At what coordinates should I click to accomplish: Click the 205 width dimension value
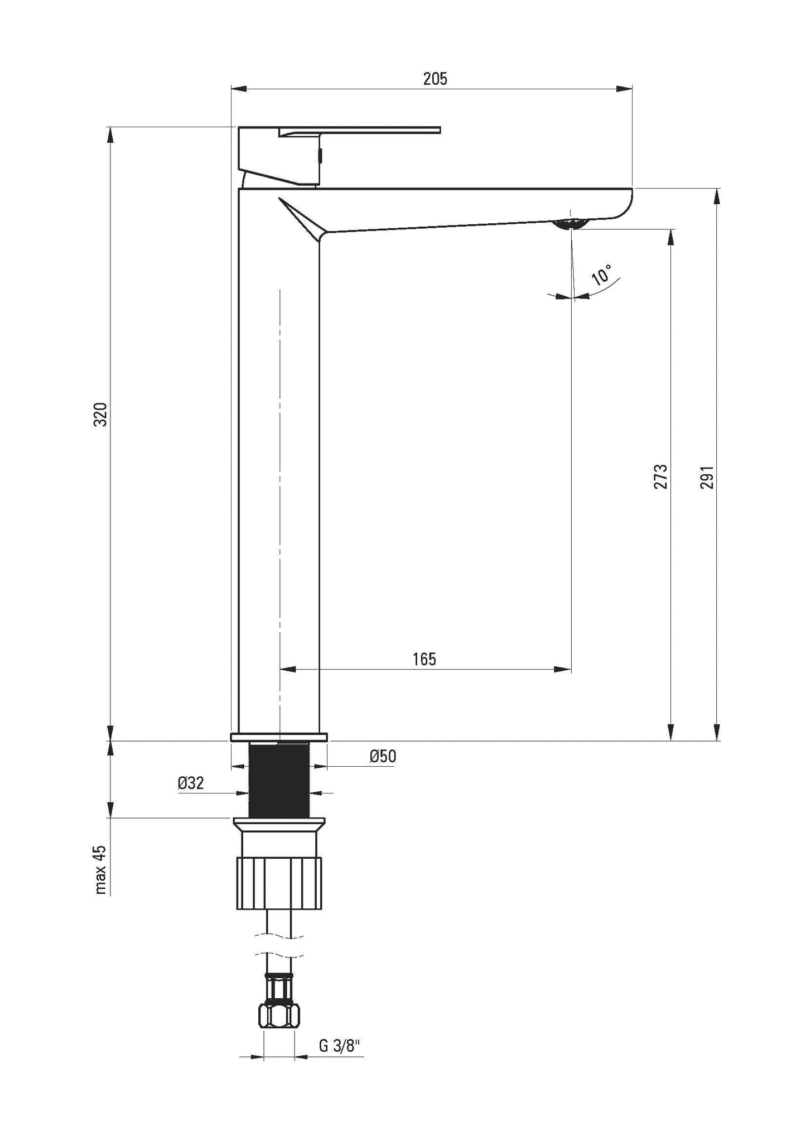(x=435, y=79)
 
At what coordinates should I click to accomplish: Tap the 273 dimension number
(x=660, y=476)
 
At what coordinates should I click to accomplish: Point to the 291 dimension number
(x=707, y=477)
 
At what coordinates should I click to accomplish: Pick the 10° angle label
(x=601, y=276)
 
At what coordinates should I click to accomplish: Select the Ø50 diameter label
(x=383, y=757)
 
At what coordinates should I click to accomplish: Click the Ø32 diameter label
(x=191, y=783)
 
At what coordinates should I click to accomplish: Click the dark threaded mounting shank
(x=279, y=781)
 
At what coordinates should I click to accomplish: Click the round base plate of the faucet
(x=279, y=737)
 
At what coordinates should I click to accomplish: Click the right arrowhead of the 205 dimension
(x=625, y=88)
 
